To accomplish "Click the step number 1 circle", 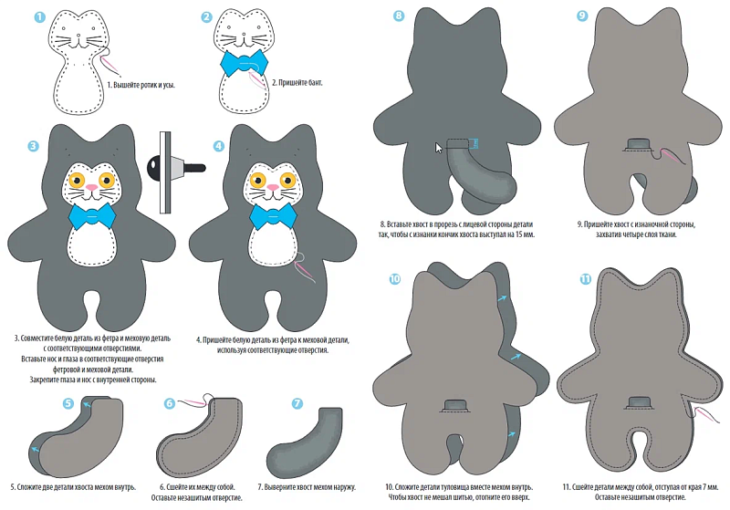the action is coord(40,17).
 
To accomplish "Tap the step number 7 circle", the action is coord(297,403).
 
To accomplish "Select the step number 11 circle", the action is coord(585,279).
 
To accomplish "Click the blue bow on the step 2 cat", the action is coord(245,63).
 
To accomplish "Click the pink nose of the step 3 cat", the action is coord(92,187).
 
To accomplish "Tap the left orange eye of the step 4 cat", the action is coord(257,179).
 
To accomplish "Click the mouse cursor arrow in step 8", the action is coord(439,148).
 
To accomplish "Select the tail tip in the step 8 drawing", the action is coord(503,190).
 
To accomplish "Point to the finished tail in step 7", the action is coord(305,437).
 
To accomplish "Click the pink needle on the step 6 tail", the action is coord(192,401).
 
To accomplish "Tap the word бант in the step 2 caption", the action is coord(313,83).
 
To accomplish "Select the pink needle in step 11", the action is coord(702,414).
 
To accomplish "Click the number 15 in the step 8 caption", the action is coord(515,234).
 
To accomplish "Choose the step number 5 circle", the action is coord(68,403).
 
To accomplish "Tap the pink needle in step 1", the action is coord(110,65).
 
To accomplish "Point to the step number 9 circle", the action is coord(582,16).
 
